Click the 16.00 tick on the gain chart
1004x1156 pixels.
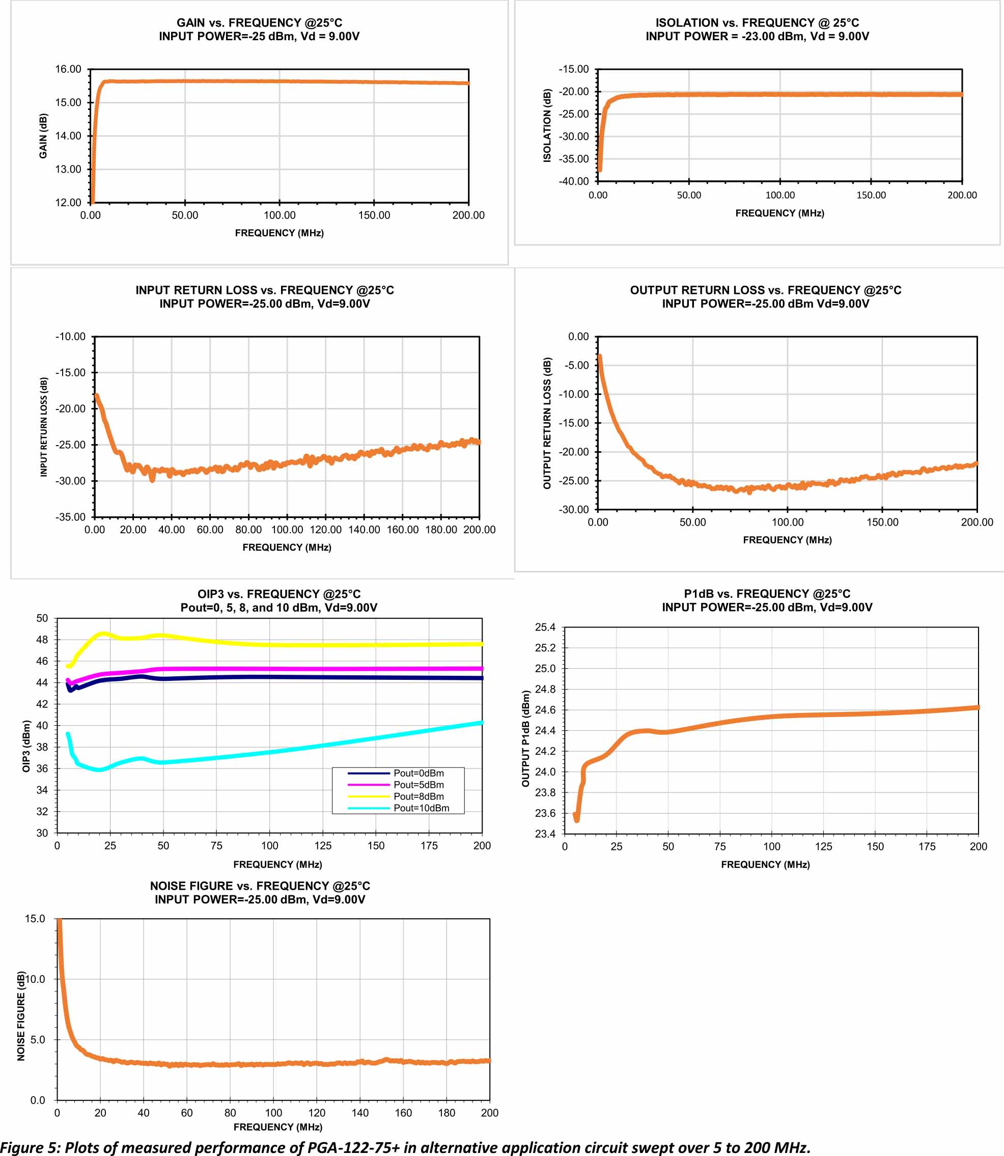pos(68,69)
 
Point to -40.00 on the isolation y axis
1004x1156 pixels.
pos(574,181)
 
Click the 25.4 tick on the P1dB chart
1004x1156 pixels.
pos(545,627)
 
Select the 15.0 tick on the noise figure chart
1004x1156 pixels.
pos(35,918)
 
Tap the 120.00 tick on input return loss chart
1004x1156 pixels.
pos(325,530)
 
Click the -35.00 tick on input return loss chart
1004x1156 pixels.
pos(71,517)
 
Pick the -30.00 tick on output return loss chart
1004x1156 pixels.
pos(574,509)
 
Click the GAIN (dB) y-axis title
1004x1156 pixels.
pos(43,136)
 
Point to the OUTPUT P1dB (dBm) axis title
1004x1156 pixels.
pos(525,738)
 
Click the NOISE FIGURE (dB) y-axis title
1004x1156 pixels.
pos(21,1015)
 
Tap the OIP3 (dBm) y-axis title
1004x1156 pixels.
pos(26,747)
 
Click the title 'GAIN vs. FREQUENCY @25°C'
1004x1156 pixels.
pos(260,23)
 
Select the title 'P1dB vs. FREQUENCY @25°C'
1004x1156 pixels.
pos(767,594)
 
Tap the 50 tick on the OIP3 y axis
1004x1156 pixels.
pos(42,619)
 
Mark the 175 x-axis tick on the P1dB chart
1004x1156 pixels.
pos(927,846)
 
